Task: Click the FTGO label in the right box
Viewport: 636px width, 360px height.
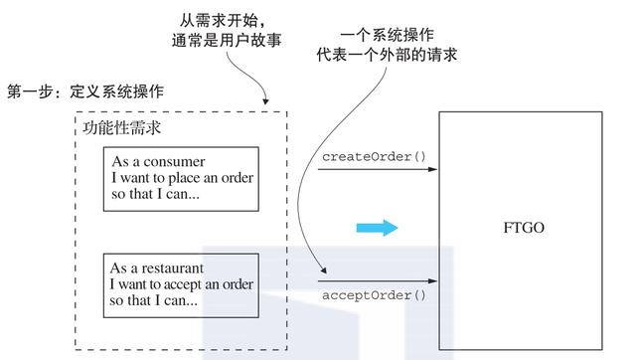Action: click(x=524, y=229)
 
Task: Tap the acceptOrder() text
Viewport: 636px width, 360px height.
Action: click(x=374, y=295)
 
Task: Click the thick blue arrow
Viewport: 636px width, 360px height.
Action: click(x=377, y=229)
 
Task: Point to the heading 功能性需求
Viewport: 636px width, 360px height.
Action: click(x=123, y=127)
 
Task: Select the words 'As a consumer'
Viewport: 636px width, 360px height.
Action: click(x=158, y=162)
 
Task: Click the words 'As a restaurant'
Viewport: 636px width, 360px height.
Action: click(x=161, y=269)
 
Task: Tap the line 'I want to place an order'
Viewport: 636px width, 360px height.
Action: click(x=182, y=178)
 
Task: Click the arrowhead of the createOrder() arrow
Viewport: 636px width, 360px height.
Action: click(x=432, y=170)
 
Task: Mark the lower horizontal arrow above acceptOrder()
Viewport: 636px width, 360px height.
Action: click(x=378, y=281)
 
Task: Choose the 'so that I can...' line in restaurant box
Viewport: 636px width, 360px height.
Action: click(x=155, y=300)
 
